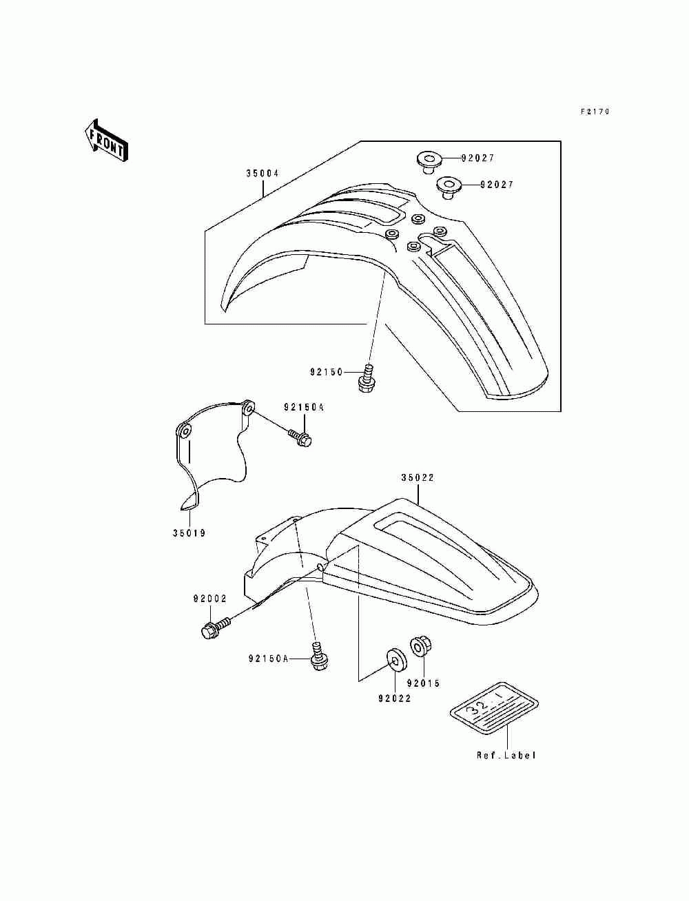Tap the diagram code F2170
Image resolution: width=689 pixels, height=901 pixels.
(x=595, y=112)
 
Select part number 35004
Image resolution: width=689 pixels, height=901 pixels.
(x=263, y=174)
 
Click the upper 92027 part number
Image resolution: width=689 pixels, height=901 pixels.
(x=497, y=158)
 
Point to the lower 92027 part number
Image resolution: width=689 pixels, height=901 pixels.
(x=497, y=185)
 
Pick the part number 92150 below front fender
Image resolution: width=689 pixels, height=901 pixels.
(x=326, y=373)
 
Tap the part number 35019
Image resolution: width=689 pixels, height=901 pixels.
(x=189, y=533)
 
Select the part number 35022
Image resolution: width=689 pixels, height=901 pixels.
(x=418, y=477)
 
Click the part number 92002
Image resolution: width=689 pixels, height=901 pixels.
(x=209, y=599)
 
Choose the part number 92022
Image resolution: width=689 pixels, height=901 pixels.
(x=394, y=698)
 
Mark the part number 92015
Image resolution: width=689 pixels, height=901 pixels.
(x=423, y=683)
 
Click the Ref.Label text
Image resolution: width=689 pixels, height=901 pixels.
(x=506, y=756)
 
